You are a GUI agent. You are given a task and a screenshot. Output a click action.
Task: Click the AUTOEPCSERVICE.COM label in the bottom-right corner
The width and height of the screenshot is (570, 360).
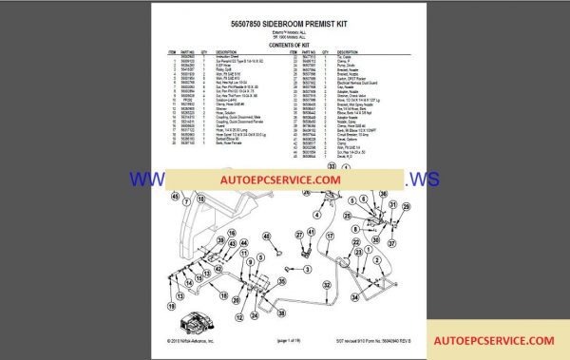493,340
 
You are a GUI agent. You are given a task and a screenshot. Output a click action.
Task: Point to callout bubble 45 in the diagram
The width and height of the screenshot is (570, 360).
176,197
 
